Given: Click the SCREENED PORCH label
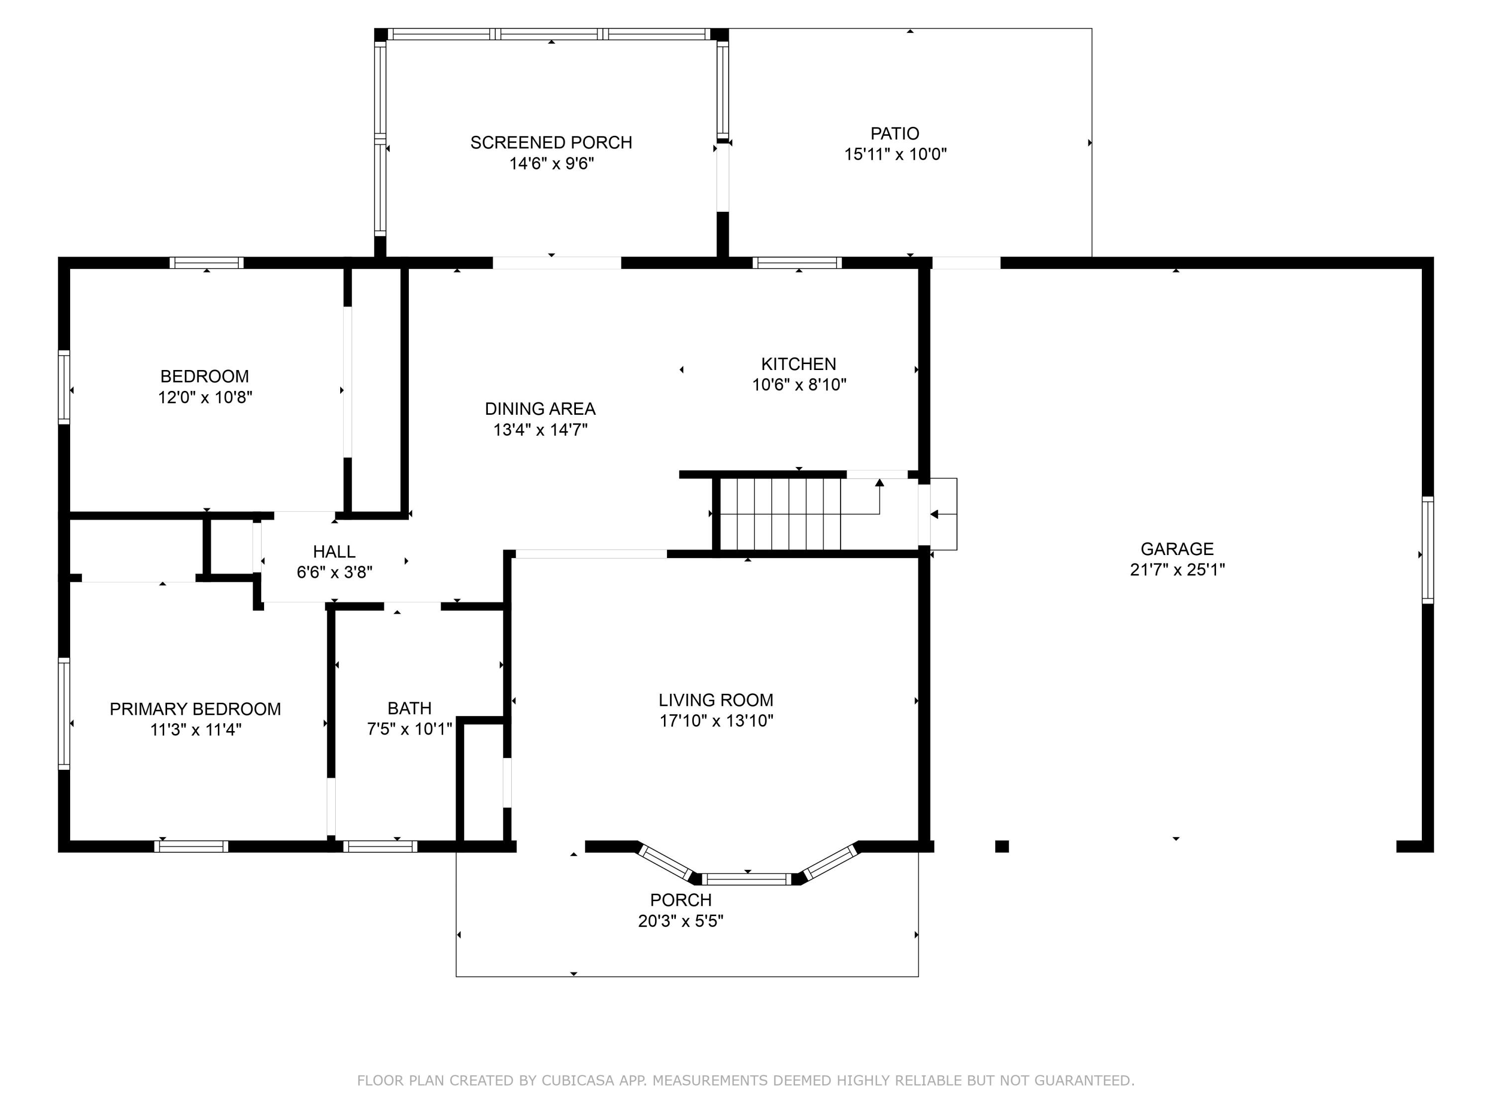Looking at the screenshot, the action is [551, 142].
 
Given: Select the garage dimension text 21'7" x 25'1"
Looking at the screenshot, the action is [1177, 569].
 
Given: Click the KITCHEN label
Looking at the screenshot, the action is [799, 364].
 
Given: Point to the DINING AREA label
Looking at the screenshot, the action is [540, 409].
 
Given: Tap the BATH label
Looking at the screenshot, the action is [409, 708].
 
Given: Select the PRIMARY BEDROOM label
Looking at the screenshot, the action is [195, 709].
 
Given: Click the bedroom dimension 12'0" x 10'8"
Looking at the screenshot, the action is [205, 397].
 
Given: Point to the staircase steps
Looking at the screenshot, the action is [780, 514].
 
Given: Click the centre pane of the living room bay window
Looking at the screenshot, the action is [746, 879].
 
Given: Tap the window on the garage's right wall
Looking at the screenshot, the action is [1427, 550].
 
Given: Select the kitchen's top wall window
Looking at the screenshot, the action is [797, 263].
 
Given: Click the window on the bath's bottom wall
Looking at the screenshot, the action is [380, 846].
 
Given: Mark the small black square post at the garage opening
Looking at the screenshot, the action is [1002, 846].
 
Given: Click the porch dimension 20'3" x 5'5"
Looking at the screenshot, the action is [680, 921].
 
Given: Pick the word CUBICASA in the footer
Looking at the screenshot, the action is [578, 1081].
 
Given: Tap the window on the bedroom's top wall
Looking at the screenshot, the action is [206, 263].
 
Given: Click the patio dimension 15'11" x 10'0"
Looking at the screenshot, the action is [895, 154].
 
